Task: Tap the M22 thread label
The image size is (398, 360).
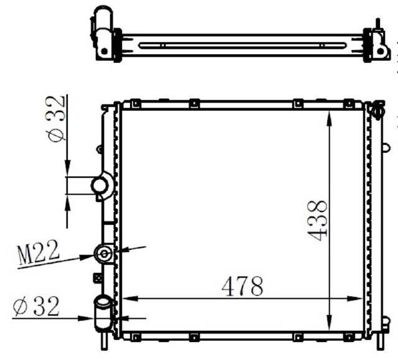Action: tap(39, 253)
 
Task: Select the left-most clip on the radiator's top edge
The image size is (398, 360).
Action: tap(134, 103)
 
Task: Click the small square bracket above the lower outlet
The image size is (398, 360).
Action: tap(97, 278)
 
